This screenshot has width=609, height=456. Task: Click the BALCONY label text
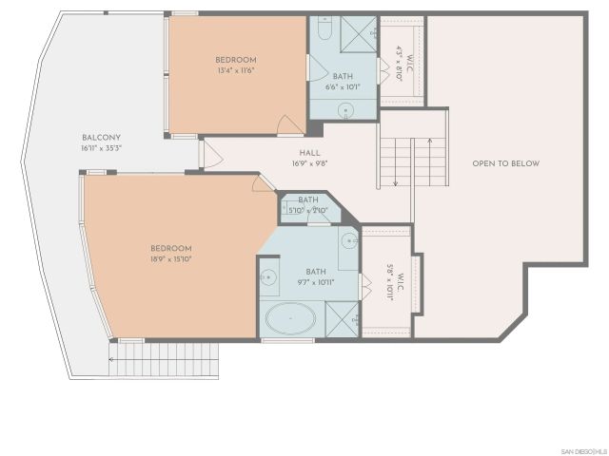pos(101,138)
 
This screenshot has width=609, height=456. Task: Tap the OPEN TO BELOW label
pos(505,163)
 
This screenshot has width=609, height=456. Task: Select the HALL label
pos(309,152)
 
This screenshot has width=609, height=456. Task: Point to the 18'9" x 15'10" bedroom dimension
pos(171,258)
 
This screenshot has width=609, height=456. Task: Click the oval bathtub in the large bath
pos(289,320)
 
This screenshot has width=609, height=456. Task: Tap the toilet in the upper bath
pos(324,31)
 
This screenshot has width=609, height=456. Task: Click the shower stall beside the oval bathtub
pos(343,317)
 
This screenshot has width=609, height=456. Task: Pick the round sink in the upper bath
pos(344,111)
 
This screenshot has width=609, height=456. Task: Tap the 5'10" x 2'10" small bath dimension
pos(308,210)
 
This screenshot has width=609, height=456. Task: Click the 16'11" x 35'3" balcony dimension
pos(101,148)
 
